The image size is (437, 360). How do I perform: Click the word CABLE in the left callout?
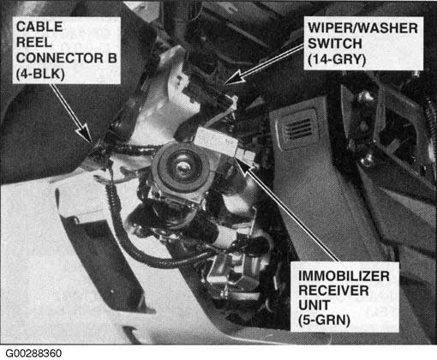point(39,27)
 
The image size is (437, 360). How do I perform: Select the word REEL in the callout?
point(34,42)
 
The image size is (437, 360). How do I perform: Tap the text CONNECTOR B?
point(67,58)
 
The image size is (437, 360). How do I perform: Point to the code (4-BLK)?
point(40,74)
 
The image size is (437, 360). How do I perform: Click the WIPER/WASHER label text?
point(362,28)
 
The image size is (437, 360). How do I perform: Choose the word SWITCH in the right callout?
point(335,44)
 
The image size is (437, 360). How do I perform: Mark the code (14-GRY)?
point(337,59)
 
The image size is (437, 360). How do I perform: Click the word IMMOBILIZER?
point(344,276)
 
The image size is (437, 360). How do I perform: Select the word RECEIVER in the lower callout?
point(333,291)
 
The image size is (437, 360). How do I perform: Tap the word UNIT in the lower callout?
point(314,305)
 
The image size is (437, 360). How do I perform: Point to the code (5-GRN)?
point(324,320)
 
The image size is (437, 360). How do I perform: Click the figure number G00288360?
point(33,353)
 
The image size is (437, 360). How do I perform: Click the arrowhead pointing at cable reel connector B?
point(85,134)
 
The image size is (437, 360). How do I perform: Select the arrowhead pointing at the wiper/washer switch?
point(233,78)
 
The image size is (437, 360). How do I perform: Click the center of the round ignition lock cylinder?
point(181,166)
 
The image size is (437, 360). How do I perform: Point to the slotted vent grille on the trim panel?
point(298,129)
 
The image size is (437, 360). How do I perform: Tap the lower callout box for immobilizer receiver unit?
point(344,297)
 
